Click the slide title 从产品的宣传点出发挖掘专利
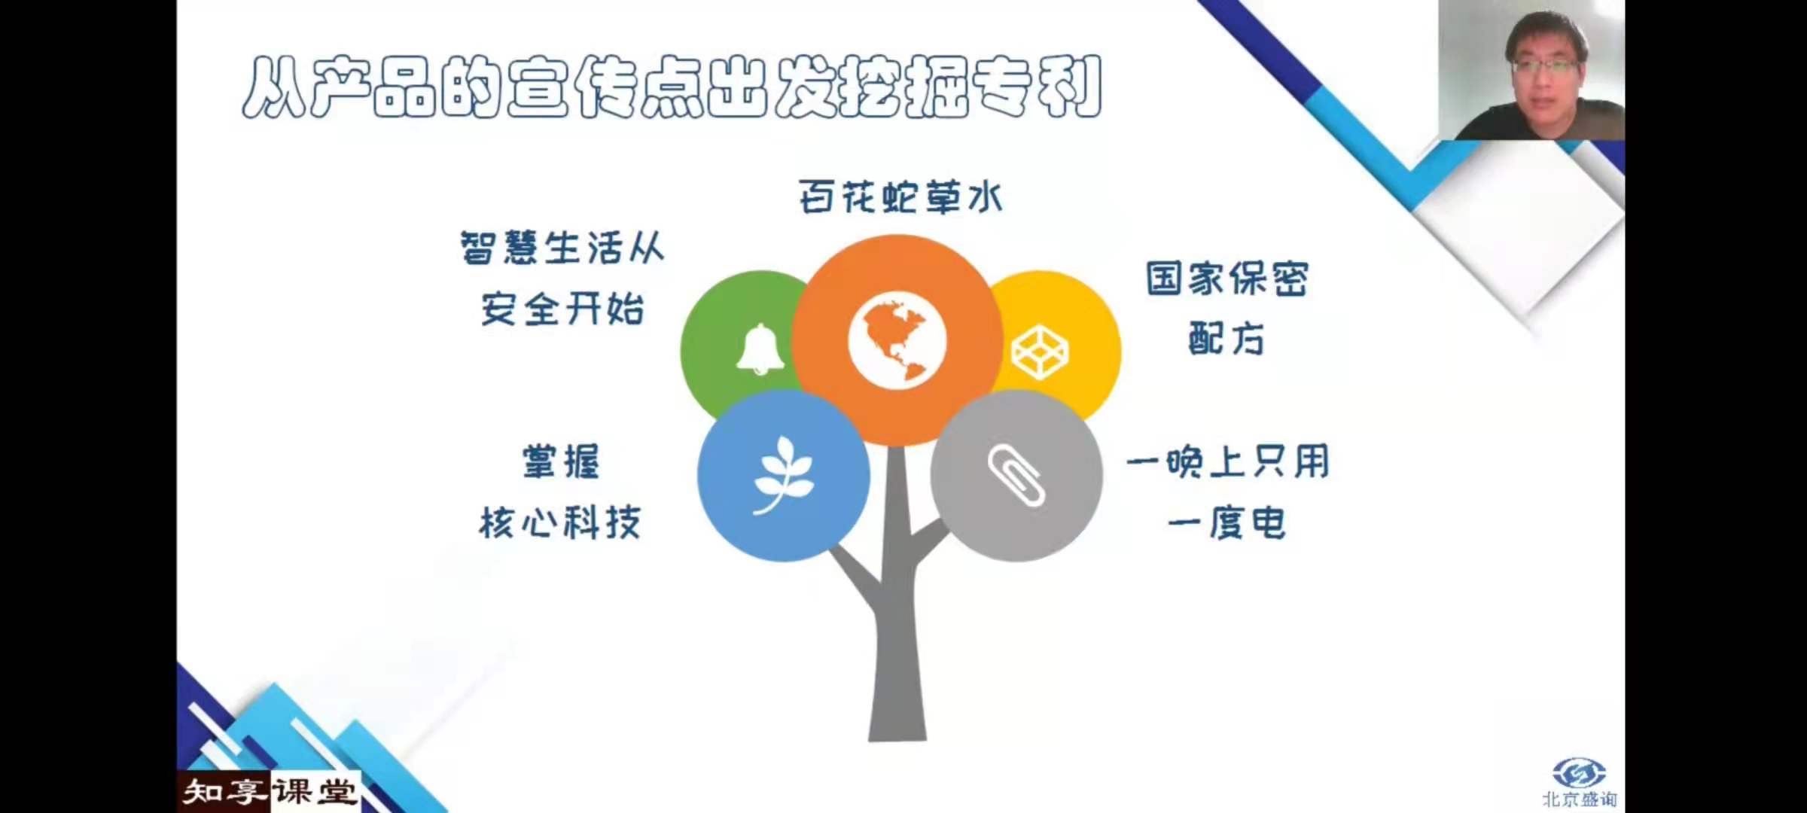(672, 87)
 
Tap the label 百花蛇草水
(900, 197)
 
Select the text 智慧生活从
(562, 248)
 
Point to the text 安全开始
(562, 309)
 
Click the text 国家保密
(1227, 279)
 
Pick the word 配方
(1227, 339)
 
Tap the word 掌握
(561, 461)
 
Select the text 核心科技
(560, 522)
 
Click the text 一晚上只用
(1228, 461)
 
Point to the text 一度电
(1227, 522)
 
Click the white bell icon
(760, 349)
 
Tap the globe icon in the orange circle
(897, 340)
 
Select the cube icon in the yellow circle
(1040, 352)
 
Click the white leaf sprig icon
(783, 475)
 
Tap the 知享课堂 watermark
(269, 792)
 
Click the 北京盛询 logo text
(1580, 799)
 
